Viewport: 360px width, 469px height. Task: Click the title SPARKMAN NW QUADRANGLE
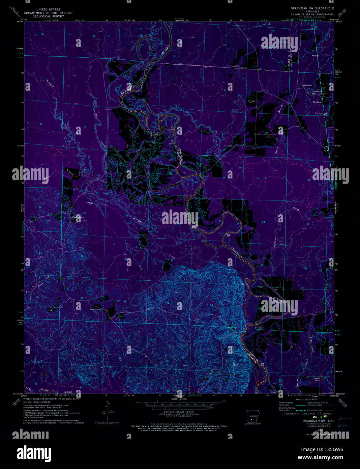click(312, 7)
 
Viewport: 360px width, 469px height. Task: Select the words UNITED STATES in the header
click(49, 9)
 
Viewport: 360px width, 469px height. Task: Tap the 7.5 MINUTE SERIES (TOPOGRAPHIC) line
click(312, 15)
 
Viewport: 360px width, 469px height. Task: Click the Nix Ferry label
click(259, 327)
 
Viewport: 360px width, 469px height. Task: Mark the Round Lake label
click(317, 379)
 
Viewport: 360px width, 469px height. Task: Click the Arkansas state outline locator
click(253, 416)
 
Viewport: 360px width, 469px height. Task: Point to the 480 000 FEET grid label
click(338, 73)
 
